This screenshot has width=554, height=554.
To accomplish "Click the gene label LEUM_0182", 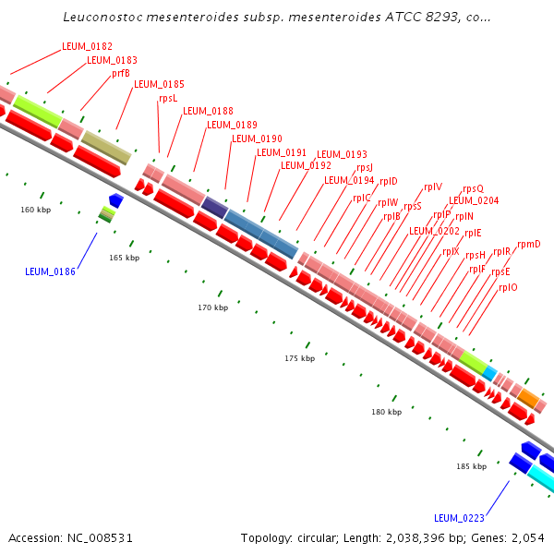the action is [x=87, y=47].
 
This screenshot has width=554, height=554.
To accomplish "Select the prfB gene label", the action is [x=121, y=74].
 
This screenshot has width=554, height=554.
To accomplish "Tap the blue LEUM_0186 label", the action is [x=50, y=271].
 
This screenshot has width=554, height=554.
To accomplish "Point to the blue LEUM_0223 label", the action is [x=459, y=518].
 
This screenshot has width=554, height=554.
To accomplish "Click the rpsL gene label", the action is [x=168, y=98].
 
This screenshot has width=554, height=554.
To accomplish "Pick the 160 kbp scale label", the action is [x=36, y=210].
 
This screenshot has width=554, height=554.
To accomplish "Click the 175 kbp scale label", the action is [x=299, y=358].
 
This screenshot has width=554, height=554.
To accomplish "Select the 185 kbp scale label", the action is [x=471, y=466].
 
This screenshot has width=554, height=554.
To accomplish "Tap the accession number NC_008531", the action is [x=100, y=538].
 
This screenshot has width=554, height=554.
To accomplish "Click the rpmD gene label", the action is [x=529, y=245].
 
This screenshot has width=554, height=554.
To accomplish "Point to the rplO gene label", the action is [x=508, y=287].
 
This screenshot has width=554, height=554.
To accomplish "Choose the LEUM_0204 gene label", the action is [x=474, y=200].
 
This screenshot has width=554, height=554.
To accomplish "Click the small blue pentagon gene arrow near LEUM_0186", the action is [x=116, y=200].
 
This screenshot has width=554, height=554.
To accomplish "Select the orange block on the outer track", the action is [x=528, y=399].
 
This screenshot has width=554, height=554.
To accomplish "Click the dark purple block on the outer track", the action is [x=215, y=208].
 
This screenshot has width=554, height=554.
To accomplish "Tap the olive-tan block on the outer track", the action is [x=106, y=148].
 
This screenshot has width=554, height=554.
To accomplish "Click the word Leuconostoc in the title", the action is [x=103, y=17].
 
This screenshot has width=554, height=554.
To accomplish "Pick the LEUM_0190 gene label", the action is [x=257, y=138].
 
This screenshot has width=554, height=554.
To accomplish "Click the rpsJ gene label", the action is [x=365, y=167].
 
